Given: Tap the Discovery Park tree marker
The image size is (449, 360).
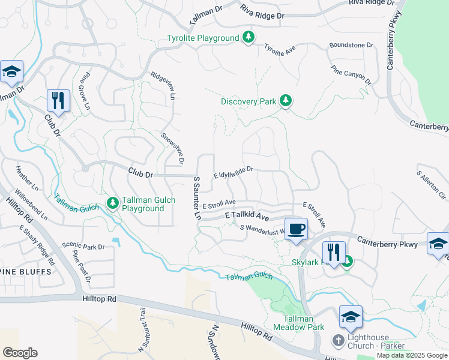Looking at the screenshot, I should [286, 101].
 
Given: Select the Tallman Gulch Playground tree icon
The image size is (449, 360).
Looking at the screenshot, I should [112, 203].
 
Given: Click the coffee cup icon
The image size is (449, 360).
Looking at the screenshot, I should [296, 229].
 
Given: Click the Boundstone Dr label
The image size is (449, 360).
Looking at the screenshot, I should [351, 45].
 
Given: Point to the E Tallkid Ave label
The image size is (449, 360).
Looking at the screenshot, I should [247, 214].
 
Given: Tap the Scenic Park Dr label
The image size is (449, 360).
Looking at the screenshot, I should [83, 247].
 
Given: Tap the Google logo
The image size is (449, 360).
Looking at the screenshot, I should [20, 353].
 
